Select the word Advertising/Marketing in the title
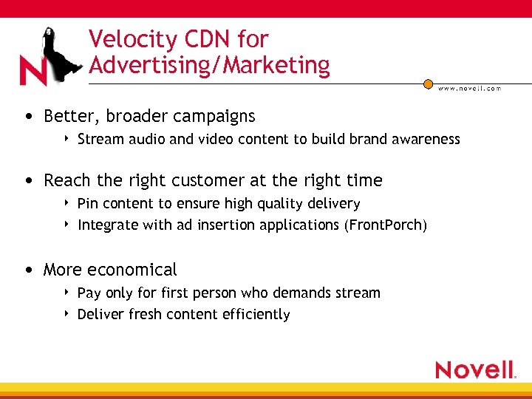click(x=209, y=65)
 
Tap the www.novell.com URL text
click(x=469, y=88)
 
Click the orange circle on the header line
click(x=428, y=84)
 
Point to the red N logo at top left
click(x=34, y=71)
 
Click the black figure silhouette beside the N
click(x=59, y=55)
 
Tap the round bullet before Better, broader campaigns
click(x=27, y=117)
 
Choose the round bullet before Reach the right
click(x=27, y=181)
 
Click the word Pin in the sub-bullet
click(x=87, y=203)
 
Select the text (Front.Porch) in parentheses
click(x=385, y=225)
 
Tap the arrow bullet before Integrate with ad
click(x=67, y=224)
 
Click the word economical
click(x=132, y=270)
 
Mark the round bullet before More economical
click(x=27, y=270)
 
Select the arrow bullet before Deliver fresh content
click(x=67, y=313)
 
